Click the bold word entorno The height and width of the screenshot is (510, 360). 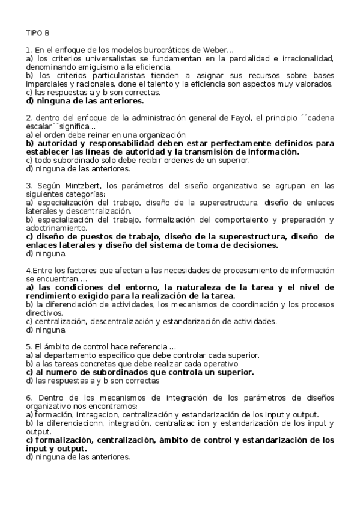(x=138, y=287)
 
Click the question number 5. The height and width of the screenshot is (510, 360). (x=29, y=346)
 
